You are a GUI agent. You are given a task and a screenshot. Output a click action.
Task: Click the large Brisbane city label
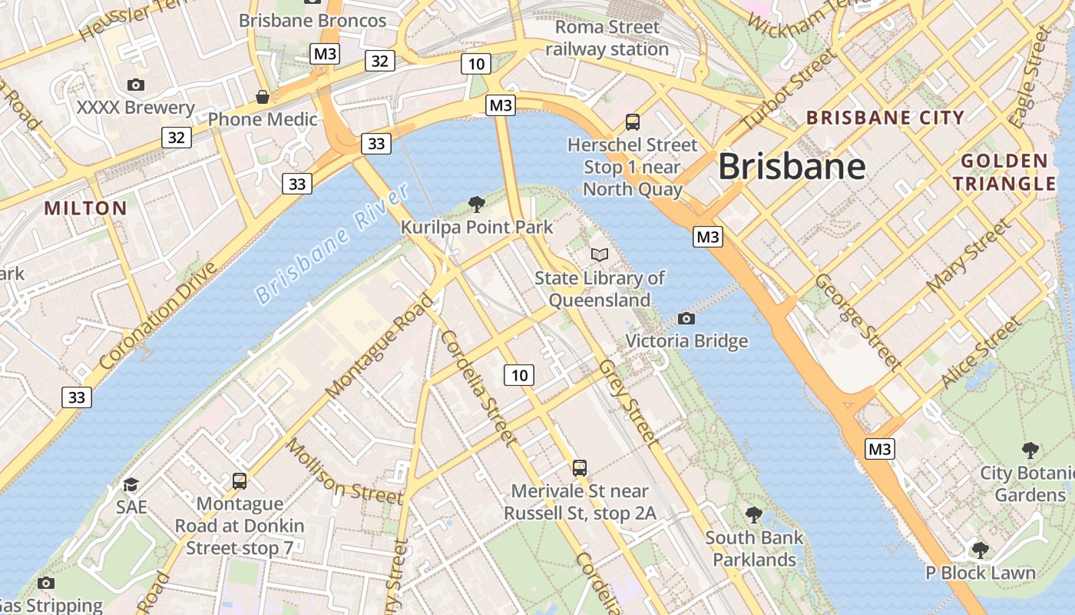click(x=792, y=166)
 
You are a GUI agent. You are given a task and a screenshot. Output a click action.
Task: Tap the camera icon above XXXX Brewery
click(x=136, y=85)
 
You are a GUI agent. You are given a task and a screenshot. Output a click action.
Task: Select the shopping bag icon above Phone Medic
click(x=263, y=97)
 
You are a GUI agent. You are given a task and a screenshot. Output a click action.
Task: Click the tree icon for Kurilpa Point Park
click(x=476, y=204)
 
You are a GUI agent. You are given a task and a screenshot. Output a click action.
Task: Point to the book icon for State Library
click(x=600, y=254)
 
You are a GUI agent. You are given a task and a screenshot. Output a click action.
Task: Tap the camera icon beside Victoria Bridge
click(x=686, y=318)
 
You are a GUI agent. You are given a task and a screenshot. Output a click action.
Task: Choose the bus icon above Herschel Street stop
click(x=633, y=121)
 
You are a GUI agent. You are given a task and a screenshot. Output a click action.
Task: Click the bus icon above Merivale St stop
click(x=580, y=467)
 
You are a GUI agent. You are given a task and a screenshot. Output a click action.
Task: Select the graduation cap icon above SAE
click(x=131, y=484)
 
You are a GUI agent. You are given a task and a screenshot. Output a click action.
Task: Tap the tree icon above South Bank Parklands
click(x=754, y=514)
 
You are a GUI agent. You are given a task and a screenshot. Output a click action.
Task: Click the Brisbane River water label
click(x=332, y=244)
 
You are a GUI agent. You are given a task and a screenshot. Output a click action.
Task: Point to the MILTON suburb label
click(x=85, y=208)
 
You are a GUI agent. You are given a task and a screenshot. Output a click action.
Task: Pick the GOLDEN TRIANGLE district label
click(x=1004, y=172)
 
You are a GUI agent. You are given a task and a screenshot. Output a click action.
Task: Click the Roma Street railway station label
click(x=607, y=38)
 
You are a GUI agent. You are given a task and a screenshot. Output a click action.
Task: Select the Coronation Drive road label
click(x=159, y=315)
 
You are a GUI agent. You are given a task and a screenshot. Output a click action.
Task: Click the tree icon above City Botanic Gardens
click(x=1030, y=450)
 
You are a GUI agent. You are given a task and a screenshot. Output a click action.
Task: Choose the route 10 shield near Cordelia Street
click(x=520, y=375)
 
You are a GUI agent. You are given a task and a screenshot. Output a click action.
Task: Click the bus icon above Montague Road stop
click(x=240, y=481)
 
